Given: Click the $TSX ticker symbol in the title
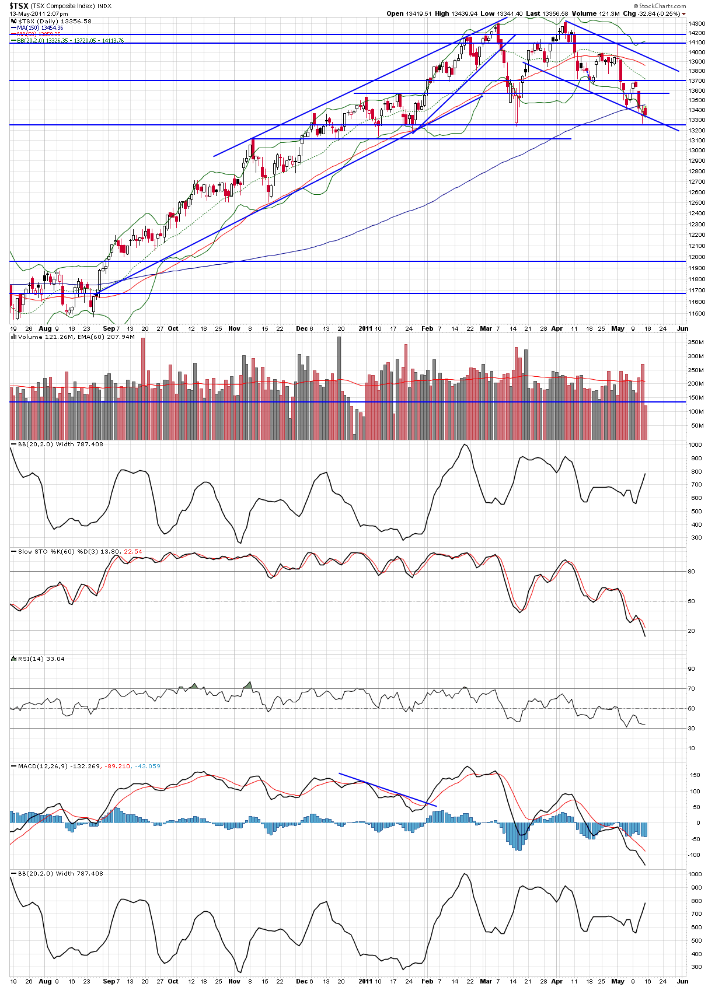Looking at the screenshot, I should coord(19,6).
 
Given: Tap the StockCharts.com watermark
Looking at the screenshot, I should coord(662,6).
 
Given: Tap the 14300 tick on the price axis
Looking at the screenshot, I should coord(696,24).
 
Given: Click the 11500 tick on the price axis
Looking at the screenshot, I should coord(696,314).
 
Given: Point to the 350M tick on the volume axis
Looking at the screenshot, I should coord(696,342).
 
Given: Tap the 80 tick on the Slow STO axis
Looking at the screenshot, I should coord(692,572).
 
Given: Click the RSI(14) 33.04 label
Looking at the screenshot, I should coord(41,659).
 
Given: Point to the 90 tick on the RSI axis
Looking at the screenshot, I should coord(692,669).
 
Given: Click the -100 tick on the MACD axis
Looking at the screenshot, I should coord(694,855).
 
